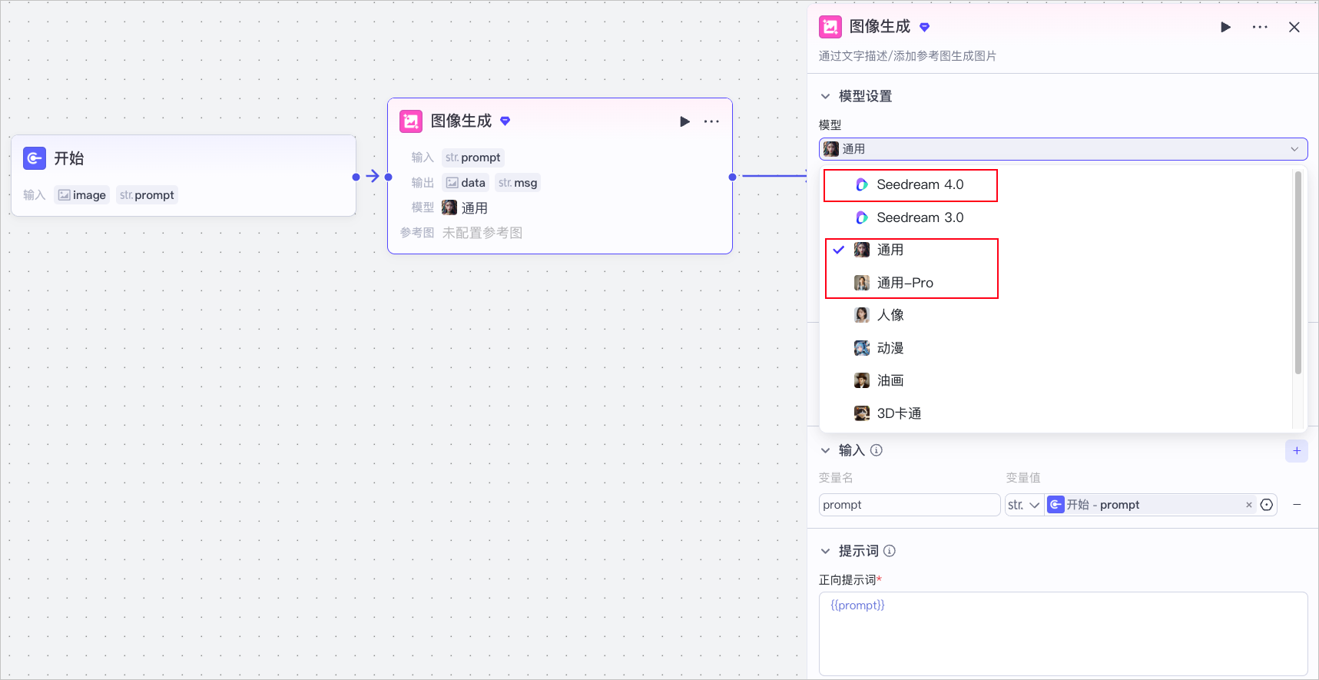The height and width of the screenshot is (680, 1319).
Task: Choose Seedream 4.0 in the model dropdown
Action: click(x=920, y=185)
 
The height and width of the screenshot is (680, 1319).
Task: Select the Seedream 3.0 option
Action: click(x=920, y=217)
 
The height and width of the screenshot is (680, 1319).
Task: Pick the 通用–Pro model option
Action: click(x=905, y=283)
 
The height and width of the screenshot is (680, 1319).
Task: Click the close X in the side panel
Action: click(x=1294, y=27)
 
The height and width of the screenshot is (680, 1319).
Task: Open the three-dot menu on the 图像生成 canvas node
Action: click(x=712, y=121)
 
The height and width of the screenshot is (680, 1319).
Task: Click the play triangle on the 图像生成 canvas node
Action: click(x=684, y=121)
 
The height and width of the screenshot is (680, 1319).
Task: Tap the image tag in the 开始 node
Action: click(x=81, y=195)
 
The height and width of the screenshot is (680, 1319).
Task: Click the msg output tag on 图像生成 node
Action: click(x=518, y=183)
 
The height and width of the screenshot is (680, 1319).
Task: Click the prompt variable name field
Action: click(x=910, y=505)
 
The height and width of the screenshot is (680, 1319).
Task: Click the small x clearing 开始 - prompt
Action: click(x=1249, y=505)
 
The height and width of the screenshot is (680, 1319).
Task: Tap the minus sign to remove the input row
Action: click(x=1297, y=505)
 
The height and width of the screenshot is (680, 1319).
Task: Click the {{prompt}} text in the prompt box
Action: click(x=857, y=605)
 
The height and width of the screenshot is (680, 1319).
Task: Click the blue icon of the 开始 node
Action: click(x=35, y=158)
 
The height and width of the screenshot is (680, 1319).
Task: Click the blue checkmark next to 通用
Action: click(x=839, y=250)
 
